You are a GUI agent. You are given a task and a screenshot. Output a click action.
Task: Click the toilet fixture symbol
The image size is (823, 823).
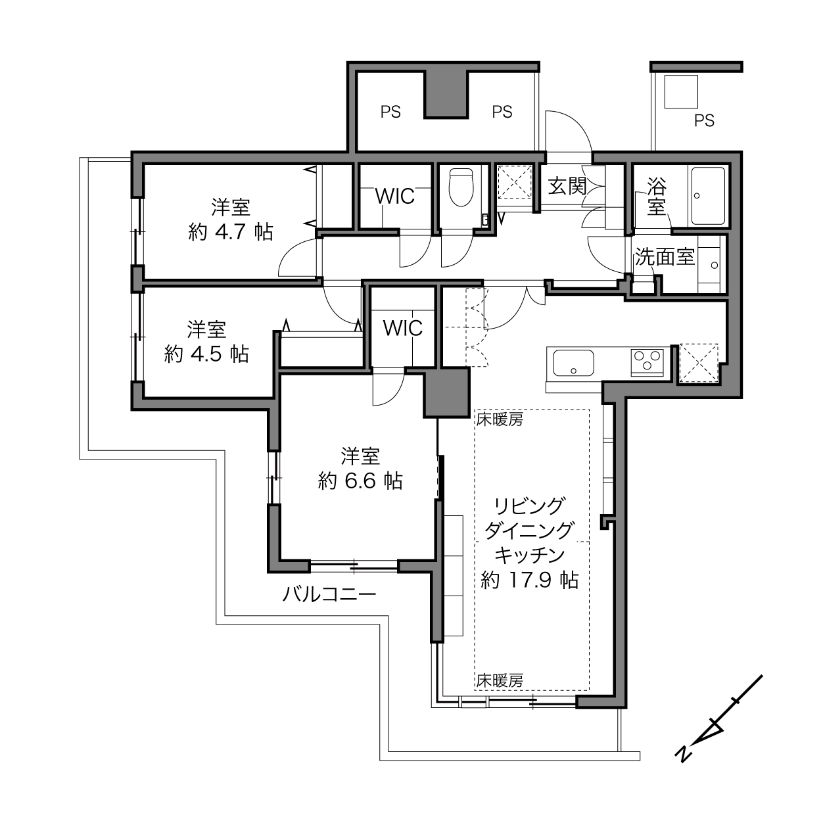coord(461,187)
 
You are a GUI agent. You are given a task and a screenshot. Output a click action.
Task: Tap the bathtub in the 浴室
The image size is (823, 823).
coord(708,196)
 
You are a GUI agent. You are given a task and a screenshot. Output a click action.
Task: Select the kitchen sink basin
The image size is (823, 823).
coord(573,363)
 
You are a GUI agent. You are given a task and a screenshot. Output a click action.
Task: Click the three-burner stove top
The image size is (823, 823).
coord(647,362)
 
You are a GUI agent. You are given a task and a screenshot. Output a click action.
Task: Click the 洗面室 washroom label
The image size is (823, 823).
coord(665,256)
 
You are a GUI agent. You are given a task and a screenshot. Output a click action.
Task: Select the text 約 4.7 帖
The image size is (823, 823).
coord(231,232)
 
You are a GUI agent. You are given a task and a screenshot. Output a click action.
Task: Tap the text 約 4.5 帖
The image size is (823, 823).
coord(206,354)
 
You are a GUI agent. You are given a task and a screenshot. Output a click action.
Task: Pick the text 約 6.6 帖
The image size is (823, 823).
coord(360,481)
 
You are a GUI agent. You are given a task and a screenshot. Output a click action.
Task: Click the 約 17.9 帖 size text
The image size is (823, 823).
coord(530,580)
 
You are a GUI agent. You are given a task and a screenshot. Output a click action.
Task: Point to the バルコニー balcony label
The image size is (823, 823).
coord(329,594)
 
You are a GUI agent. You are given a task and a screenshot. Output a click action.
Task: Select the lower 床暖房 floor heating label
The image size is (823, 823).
coord(500,681)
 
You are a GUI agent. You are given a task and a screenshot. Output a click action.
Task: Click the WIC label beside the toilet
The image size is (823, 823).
coord(394,197)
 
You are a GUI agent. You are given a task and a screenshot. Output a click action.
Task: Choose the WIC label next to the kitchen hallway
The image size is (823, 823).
coord(403,328)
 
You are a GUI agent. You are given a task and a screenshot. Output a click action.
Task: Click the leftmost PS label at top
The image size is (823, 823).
coord(390,112)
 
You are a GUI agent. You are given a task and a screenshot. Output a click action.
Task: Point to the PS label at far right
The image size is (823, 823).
coord(704,121)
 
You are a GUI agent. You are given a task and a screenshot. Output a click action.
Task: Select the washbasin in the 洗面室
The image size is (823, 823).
coord(713,265)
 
